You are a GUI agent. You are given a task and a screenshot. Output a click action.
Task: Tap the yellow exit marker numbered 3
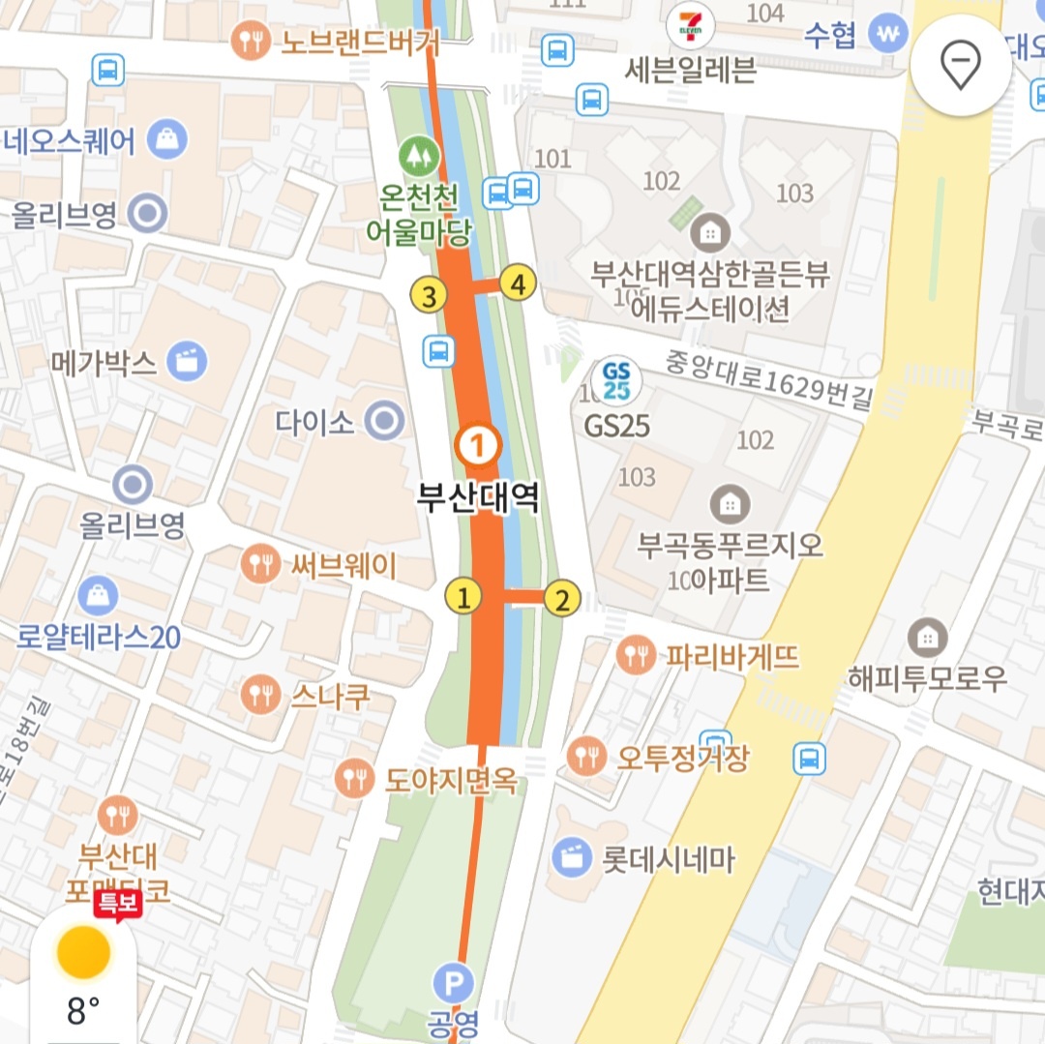(x=430, y=295)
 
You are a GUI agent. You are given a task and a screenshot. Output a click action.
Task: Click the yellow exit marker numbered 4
(x=519, y=284)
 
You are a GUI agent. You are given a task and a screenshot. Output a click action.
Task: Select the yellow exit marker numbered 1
(x=463, y=597)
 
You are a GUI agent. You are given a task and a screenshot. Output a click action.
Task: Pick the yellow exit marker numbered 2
(x=561, y=600)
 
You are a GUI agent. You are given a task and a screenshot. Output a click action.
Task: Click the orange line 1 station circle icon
(x=476, y=446)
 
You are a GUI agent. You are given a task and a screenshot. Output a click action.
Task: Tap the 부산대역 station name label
(x=477, y=499)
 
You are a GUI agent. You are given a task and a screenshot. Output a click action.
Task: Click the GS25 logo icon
(x=616, y=380)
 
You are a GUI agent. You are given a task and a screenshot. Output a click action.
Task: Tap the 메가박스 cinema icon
(x=187, y=362)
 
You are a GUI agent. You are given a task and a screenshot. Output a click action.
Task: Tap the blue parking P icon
(x=453, y=984)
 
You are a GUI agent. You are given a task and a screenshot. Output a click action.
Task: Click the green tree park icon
(x=418, y=153)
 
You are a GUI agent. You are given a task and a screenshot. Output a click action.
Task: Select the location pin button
(x=960, y=66)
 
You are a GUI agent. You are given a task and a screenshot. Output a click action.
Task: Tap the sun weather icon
(x=83, y=952)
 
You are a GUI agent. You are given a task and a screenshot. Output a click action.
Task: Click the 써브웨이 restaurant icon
(x=259, y=563)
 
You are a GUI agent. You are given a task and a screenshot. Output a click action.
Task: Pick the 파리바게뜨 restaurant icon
(x=636, y=655)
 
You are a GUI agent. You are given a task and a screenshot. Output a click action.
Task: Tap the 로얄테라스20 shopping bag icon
(x=98, y=596)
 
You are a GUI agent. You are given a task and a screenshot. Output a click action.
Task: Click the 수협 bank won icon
(x=887, y=34)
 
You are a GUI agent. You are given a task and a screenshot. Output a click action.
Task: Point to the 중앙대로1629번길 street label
(x=769, y=378)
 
